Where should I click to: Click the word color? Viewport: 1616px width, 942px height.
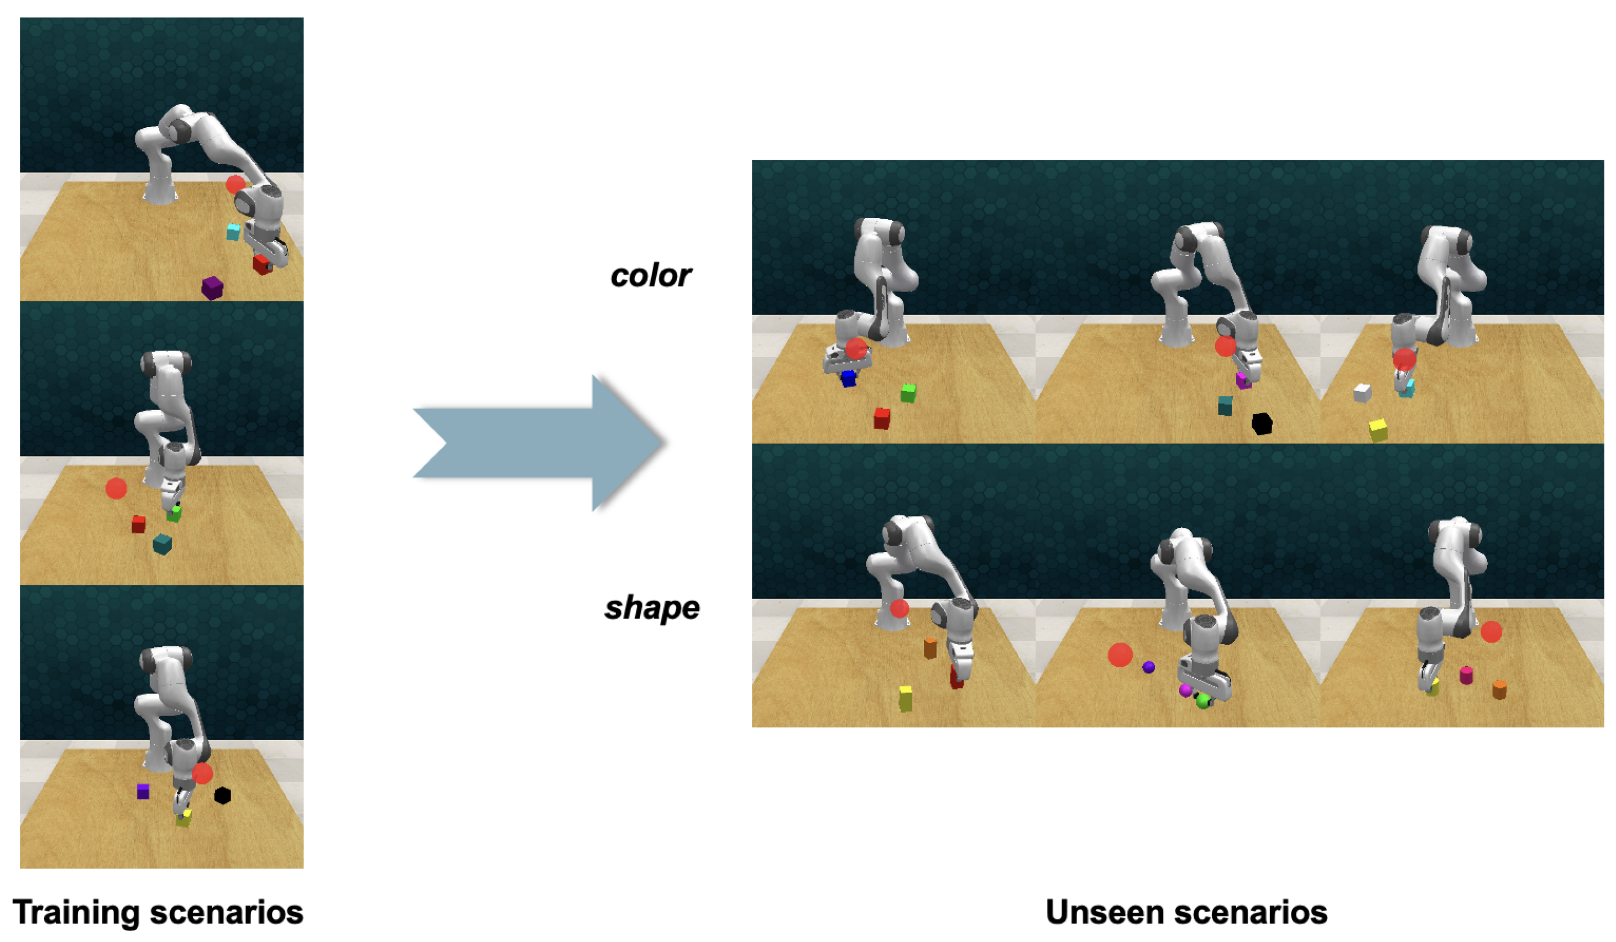[650, 276]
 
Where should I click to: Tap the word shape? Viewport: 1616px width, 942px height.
[651, 608]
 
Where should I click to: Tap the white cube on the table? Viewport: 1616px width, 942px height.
[1362, 392]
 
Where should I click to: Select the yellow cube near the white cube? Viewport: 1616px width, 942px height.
[1378, 430]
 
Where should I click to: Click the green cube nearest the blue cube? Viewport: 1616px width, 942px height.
[908, 393]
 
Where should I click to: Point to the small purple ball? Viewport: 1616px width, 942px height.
[1148, 668]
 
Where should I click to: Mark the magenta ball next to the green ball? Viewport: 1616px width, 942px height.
[1185, 690]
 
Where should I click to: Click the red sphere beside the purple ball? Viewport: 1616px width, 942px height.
[1120, 655]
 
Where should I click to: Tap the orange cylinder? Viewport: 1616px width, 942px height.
[1499, 689]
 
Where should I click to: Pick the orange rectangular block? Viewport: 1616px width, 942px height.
[930, 648]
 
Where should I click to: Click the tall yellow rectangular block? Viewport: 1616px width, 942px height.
[906, 698]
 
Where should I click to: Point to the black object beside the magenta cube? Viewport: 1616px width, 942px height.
[1262, 424]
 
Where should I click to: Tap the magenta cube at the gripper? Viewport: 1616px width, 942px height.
[1243, 380]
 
